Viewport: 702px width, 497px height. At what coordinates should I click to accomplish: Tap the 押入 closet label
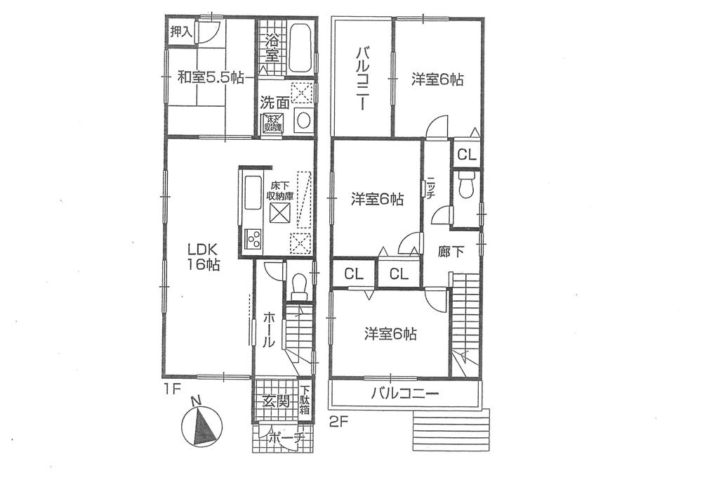[180, 32]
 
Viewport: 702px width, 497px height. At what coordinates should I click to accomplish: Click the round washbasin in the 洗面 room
[304, 120]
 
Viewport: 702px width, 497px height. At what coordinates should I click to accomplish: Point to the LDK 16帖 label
[204, 257]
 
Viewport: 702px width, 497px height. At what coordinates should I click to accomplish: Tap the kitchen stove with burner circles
[252, 239]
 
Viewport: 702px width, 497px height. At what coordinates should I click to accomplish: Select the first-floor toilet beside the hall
[298, 284]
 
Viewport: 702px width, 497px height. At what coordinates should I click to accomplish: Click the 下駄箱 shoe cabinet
[305, 401]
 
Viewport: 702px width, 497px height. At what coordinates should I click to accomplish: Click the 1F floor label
[173, 387]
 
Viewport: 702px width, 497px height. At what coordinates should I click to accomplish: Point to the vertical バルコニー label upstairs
[362, 78]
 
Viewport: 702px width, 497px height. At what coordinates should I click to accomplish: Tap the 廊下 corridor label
[450, 252]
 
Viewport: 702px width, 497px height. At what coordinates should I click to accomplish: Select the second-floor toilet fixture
[465, 188]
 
